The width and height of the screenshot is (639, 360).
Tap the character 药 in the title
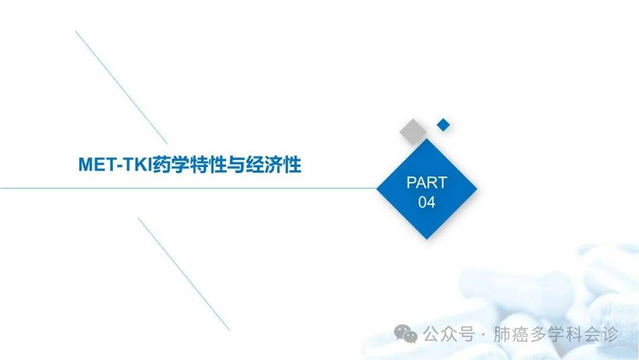(162, 165)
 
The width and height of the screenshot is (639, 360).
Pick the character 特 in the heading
(198, 165)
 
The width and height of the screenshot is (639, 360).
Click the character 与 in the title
(236, 165)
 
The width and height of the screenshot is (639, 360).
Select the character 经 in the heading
(254, 165)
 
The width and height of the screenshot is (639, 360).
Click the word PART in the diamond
(427, 182)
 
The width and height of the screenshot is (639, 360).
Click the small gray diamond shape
(413, 131)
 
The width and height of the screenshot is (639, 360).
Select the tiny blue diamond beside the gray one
(443, 125)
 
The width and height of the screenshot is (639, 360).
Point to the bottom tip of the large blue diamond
(427, 239)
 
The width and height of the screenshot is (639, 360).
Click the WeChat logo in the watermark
(405, 334)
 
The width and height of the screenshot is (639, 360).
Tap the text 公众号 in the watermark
(448, 335)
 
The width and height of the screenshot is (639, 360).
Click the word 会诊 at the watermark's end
(601, 335)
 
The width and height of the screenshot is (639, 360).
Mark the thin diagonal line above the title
(121, 87)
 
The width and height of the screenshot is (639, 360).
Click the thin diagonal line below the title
(184, 274)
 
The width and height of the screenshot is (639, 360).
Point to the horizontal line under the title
(188, 188)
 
